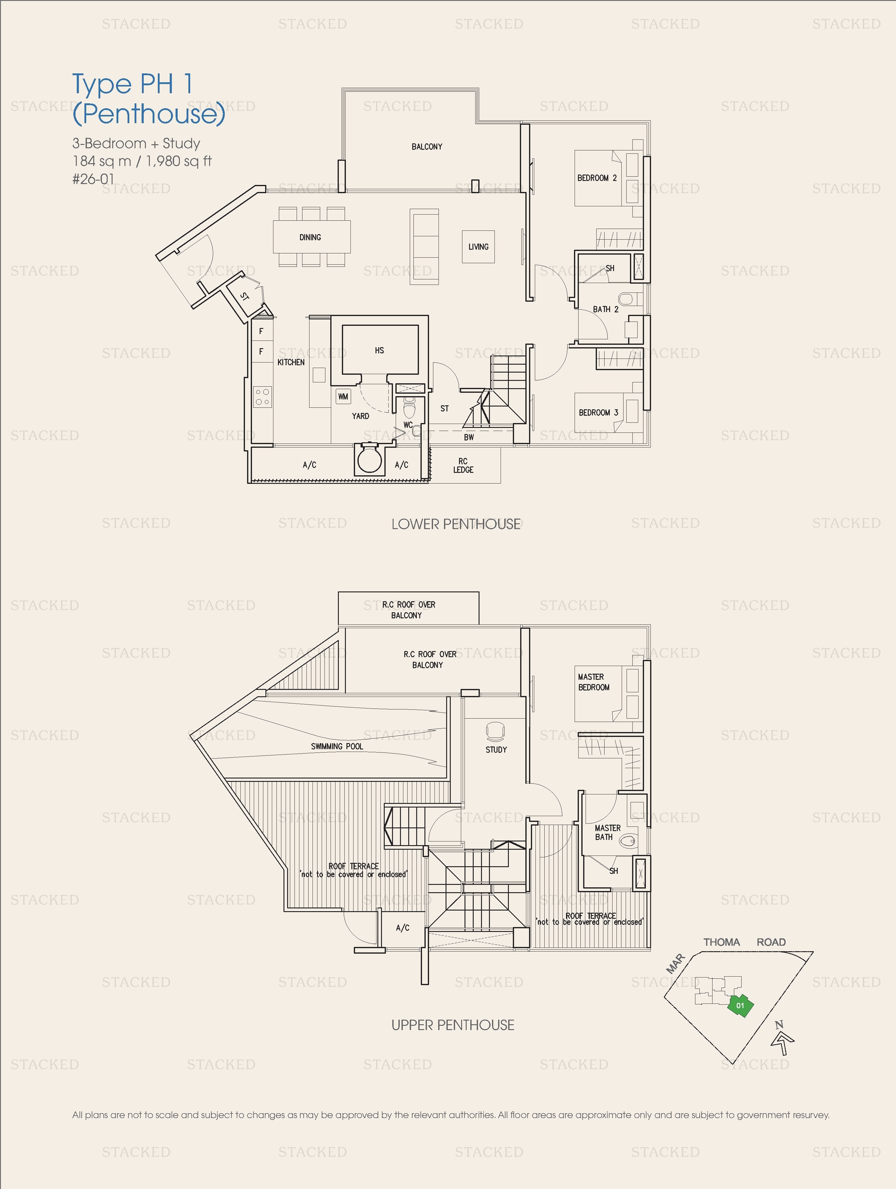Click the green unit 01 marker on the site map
coord(741,1005)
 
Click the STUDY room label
coord(496,749)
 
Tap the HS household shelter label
coord(379,351)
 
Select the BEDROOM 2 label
coord(596,178)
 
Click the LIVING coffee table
coord(478,247)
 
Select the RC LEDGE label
coord(463,466)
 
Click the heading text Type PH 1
coord(132,84)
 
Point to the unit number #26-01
coord(93,179)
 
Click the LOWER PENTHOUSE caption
coord(456,524)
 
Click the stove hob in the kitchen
coord(262,397)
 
